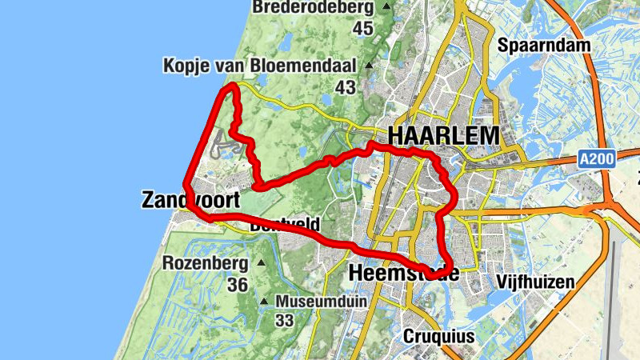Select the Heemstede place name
404,274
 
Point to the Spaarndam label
544,45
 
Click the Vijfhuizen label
535,282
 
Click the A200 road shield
597,160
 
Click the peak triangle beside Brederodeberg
387,7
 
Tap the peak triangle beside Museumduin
265,302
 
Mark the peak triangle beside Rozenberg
261,262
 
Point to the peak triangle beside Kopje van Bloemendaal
369,65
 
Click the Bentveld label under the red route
285,225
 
